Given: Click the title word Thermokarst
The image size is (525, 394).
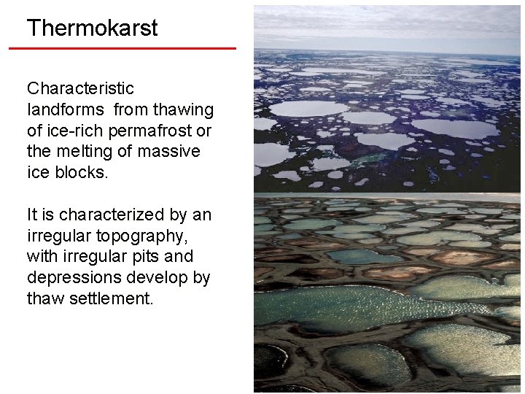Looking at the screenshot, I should pyautogui.click(x=92, y=28).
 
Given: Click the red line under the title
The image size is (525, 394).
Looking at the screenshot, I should pyautogui.click(x=122, y=48).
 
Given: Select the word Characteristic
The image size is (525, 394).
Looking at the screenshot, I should pyautogui.click(x=80, y=89).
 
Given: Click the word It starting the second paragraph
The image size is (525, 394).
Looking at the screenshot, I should pyautogui.click(x=33, y=215).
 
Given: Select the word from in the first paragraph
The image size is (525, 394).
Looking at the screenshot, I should pyautogui.click(x=134, y=110).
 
